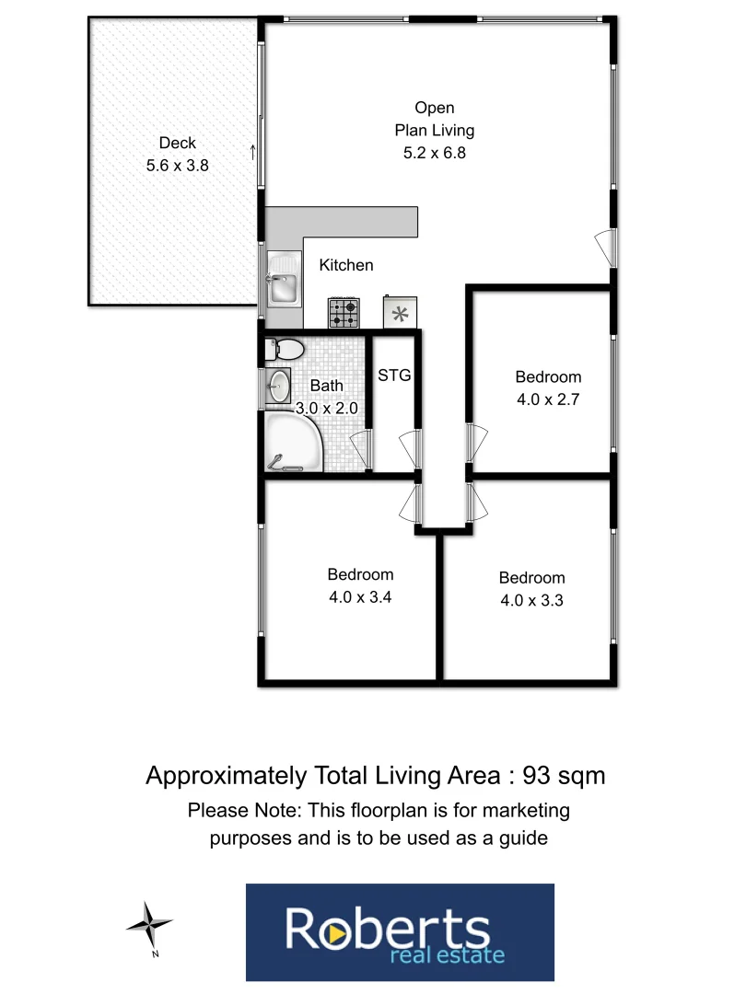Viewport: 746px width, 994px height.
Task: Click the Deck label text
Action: click(177, 143)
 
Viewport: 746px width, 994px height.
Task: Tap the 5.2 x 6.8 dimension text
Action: click(434, 153)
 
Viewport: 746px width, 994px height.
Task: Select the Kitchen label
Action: click(346, 265)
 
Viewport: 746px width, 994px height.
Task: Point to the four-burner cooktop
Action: click(344, 313)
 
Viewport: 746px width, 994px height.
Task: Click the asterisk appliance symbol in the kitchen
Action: click(400, 313)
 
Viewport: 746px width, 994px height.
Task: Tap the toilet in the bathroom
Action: click(288, 350)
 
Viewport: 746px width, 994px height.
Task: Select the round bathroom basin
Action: click(278, 386)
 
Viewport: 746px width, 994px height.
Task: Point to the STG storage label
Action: click(394, 375)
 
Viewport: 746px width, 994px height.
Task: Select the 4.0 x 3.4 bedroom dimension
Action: click(361, 596)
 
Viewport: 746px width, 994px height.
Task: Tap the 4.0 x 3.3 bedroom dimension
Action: click(532, 600)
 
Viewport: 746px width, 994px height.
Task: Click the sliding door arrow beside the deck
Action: click(253, 152)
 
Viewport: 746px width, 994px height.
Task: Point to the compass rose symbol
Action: click(148, 922)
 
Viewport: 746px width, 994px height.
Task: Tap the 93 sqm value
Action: click(564, 776)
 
